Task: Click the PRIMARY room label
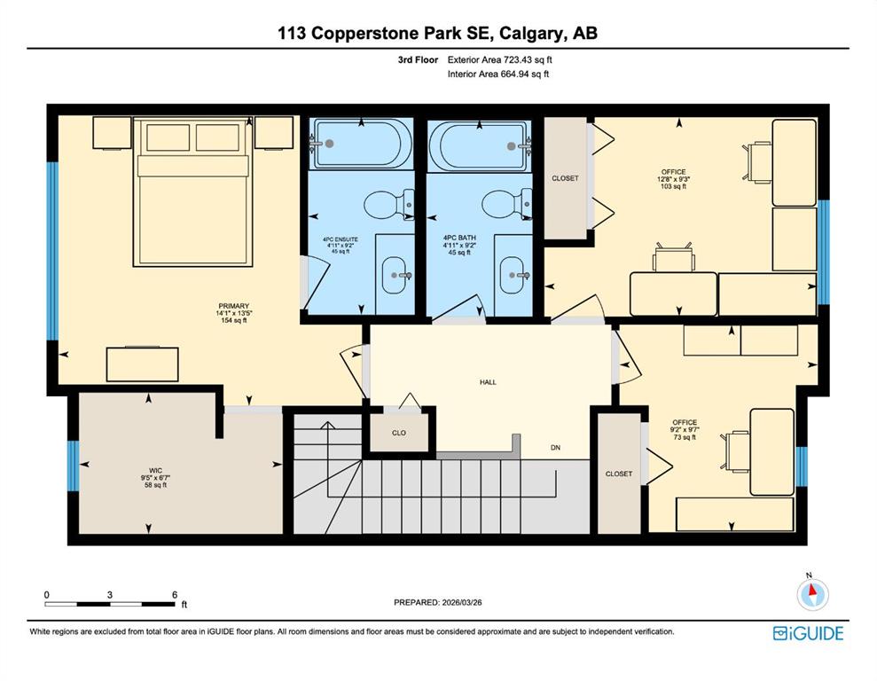click(234, 306)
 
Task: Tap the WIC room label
click(155, 471)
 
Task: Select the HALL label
click(488, 382)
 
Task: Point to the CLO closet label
click(399, 433)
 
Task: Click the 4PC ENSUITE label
click(340, 239)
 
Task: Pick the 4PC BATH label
click(459, 239)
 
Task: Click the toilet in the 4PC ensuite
click(388, 205)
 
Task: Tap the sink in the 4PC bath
click(512, 275)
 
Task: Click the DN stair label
click(555, 447)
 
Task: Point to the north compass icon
click(812, 593)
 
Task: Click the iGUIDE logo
click(808, 633)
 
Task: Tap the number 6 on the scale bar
click(175, 595)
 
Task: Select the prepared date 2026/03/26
click(461, 603)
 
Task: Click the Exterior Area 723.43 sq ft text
click(500, 59)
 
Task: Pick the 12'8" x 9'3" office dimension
click(673, 179)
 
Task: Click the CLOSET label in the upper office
click(565, 178)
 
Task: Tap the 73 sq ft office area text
click(685, 437)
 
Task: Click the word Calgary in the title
click(531, 33)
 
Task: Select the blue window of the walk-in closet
click(74, 466)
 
